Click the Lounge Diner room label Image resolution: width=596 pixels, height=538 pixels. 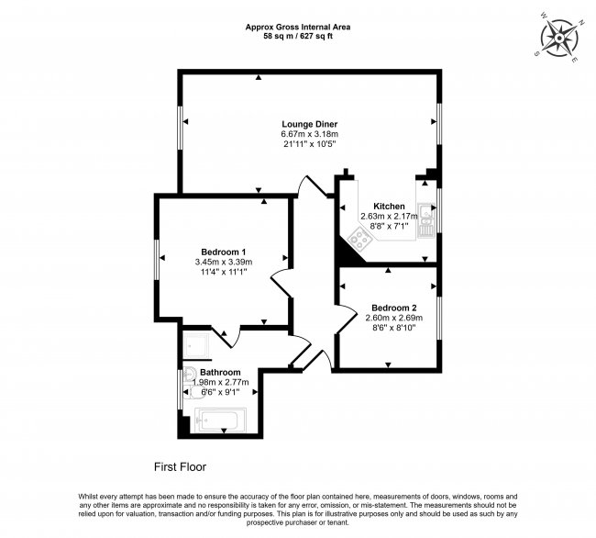[x=309, y=124]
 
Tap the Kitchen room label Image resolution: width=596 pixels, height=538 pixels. [x=389, y=207]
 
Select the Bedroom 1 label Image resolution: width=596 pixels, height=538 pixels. [x=224, y=252]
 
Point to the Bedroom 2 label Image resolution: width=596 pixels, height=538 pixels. [x=394, y=308]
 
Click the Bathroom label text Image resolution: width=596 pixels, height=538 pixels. [x=220, y=372]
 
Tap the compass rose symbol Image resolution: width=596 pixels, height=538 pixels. [x=559, y=38]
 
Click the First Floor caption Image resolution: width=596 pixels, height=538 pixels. [x=180, y=467]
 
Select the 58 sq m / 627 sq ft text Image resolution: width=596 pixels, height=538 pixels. [x=298, y=36]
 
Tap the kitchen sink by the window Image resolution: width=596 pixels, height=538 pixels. [x=425, y=220]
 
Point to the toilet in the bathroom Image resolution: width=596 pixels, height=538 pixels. [x=194, y=391]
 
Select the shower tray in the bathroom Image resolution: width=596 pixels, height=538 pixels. [x=195, y=345]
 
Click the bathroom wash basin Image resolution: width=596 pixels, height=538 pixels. [x=189, y=374]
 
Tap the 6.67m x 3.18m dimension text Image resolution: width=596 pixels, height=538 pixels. [x=309, y=134]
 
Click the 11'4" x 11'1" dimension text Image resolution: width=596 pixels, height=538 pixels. [x=224, y=272]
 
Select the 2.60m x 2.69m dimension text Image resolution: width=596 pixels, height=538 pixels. [x=394, y=318]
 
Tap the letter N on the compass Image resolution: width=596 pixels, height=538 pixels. [x=581, y=23]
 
